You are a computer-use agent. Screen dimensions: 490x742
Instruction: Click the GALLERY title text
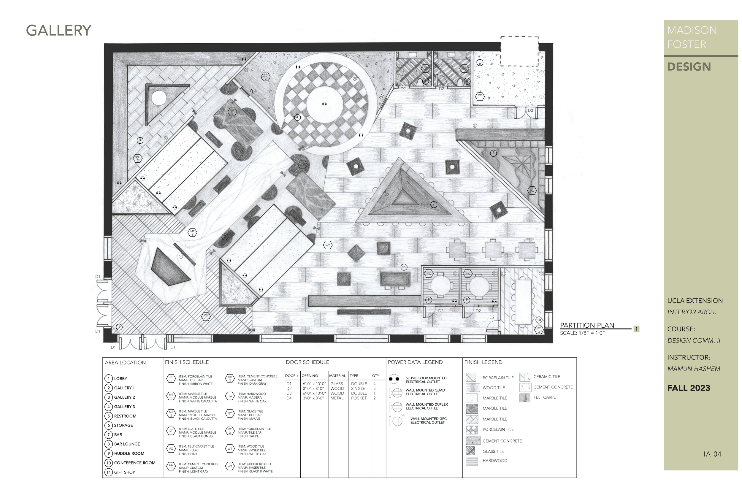pyautogui.click(x=58, y=31)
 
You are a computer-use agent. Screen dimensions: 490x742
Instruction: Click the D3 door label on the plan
pyautogui.click(x=530, y=111)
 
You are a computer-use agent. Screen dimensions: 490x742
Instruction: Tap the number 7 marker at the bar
pyautogui.click(x=433, y=204)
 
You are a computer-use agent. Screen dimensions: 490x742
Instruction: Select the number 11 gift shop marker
pyautogui.click(x=404, y=267)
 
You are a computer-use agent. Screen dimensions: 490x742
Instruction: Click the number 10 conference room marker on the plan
pyautogui.click(x=539, y=320)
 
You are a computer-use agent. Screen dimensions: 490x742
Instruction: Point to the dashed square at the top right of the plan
pyautogui.click(x=519, y=51)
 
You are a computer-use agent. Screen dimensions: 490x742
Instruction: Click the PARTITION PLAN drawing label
pyautogui.click(x=587, y=325)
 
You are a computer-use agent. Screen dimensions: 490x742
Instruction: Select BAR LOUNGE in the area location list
pyautogui.click(x=127, y=444)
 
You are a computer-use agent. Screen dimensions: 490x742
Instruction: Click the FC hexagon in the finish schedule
pyautogui.click(x=171, y=449)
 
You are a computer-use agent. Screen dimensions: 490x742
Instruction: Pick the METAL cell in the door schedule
pyautogui.click(x=337, y=398)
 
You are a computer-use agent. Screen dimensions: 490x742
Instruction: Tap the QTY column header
pyautogui.click(x=375, y=376)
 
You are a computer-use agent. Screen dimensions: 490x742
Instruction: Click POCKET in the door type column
pyautogui.click(x=359, y=398)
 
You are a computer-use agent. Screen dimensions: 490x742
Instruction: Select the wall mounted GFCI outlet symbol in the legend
pyautogui.click(x=396, y=421)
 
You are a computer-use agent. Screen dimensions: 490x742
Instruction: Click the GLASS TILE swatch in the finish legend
pyautogui.click(x=470, y=451)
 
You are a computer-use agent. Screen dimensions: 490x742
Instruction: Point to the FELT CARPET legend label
pyautogui.click(x=546, y=397)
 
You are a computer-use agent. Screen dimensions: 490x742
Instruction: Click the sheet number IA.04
pyautogui.click(x=712, y=454)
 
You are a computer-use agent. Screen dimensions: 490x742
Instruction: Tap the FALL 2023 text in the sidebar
pyautogui.click(x=689, y=388)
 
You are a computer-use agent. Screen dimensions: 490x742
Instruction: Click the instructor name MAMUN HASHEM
pyautogui.click(x=694, y=369)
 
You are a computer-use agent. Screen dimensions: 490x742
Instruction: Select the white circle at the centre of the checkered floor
pyautogui.click(x=324, y=104)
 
